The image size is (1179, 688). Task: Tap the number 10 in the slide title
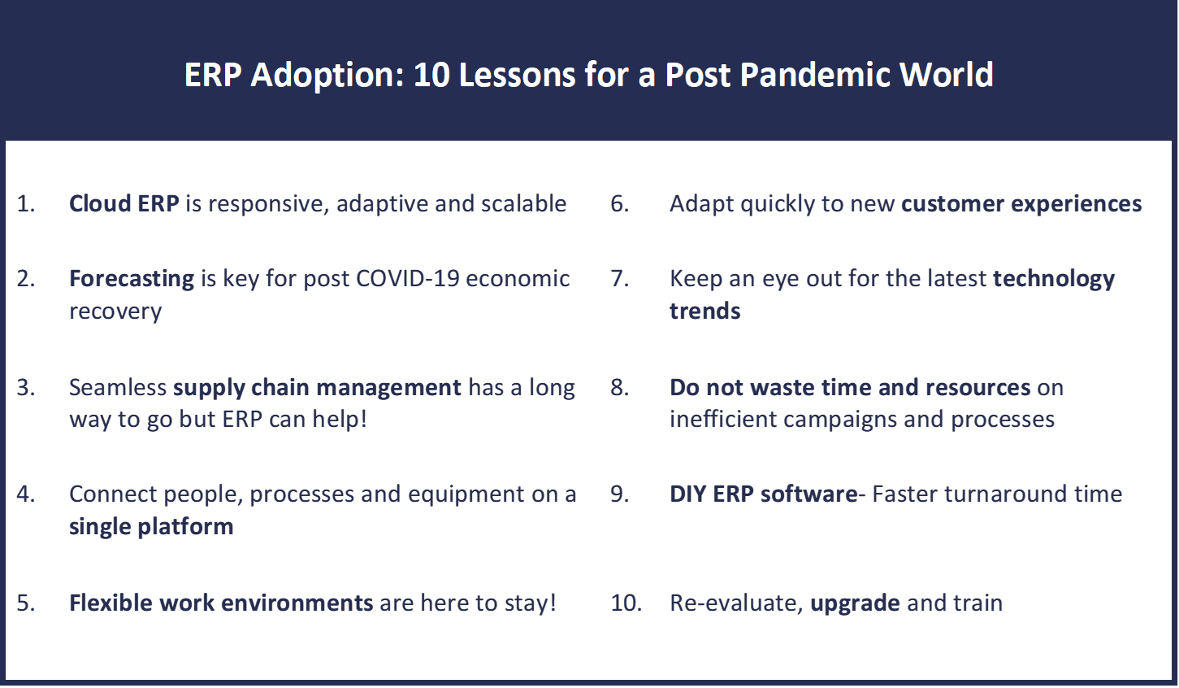tap(431, 74)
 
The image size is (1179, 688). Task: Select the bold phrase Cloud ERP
tap(124, 203)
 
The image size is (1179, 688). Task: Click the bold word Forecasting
tap(132, 279)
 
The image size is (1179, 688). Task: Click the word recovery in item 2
tap(115, 311)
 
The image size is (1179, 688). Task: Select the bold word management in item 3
tap(389, 388)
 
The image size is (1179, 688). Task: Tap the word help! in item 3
tap(340, 419)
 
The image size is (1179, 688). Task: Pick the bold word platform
tap(185, 527)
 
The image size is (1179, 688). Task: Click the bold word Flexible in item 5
tap(111, 603)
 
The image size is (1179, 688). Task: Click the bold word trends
tap(704, 311)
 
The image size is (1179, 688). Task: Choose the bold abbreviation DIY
tap(687, 494)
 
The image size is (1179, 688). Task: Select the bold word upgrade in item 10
tap(855, 603)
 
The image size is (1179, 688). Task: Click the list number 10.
tap(626, 603)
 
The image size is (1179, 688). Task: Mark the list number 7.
tap(619, 279)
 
